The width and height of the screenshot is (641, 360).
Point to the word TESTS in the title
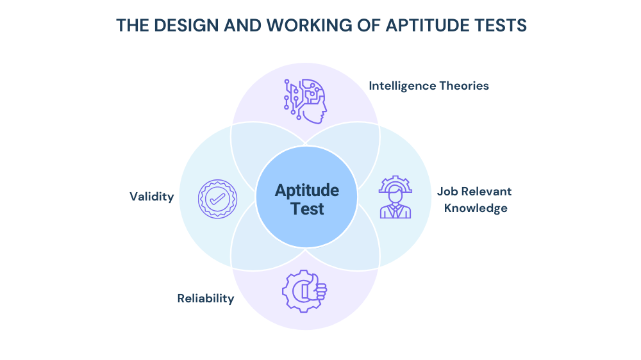click(502, 26)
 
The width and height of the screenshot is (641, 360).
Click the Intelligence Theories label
click(429, 86)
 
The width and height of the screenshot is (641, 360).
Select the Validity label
click(151, 197)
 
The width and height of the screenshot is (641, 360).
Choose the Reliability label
click(206, 299)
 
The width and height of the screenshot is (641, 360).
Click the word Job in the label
click(447, 192)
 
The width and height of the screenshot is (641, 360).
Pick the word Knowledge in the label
click(476, 208)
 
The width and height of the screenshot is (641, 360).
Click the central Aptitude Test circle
click(306, 199)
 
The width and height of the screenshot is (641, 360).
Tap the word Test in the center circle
click(307, 209)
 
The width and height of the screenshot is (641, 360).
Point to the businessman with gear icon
click(395, 198)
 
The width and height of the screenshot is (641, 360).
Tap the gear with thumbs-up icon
click(304, 291)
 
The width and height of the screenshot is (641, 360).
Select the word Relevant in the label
click(485, 192)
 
